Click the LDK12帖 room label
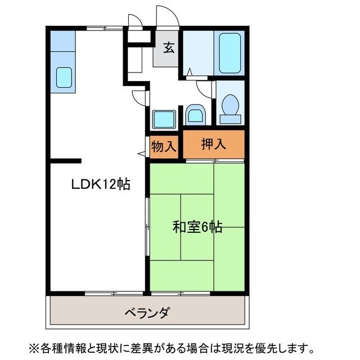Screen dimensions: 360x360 [100, 184]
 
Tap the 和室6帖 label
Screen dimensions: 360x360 [197, 227]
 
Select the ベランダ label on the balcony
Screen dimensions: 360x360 [147, 313]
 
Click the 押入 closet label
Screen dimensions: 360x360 [214, 144]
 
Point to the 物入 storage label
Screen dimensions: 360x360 [164, 147]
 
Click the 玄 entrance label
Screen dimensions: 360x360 [168, 48]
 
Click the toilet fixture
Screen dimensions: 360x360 [230, 106]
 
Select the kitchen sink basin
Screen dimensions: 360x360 [64, 77]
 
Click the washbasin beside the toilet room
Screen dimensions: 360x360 [195, 116]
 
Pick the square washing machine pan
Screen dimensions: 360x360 [164, 119]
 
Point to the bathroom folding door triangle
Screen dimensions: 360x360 [190, 72]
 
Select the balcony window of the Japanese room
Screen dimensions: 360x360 [180, 294]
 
